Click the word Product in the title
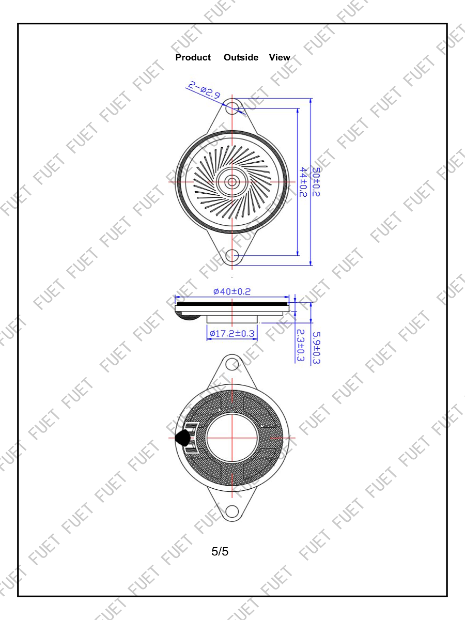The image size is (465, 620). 193,57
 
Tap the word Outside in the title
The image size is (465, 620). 241,57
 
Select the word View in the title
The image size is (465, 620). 280,57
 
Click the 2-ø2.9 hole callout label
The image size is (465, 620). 204,90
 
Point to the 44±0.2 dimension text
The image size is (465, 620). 303,182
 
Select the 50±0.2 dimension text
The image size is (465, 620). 316,182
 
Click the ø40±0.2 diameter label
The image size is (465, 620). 232,291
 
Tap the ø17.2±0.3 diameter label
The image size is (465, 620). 232,333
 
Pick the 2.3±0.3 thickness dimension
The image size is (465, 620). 300,346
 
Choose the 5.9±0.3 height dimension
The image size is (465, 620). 316,348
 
